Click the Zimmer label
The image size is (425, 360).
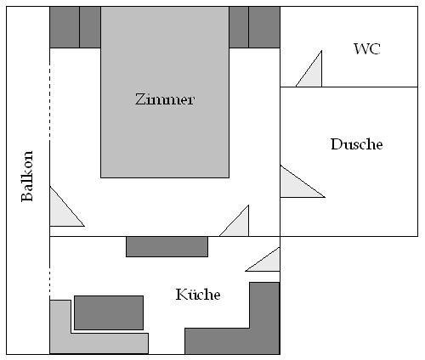[165, 99]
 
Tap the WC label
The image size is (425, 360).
[367, 48]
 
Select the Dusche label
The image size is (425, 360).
[357, 144]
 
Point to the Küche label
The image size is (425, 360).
[198, 295]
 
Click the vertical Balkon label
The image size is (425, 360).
[27, 176]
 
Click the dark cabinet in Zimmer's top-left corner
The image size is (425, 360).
[65, 27]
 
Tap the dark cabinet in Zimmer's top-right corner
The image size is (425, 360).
[264, 27]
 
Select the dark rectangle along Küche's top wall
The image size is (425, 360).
[167, 247]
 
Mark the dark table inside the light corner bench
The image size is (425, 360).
[109, 312]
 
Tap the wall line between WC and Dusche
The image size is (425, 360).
[349, 87]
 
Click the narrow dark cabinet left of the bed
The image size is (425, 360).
[90, 27]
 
